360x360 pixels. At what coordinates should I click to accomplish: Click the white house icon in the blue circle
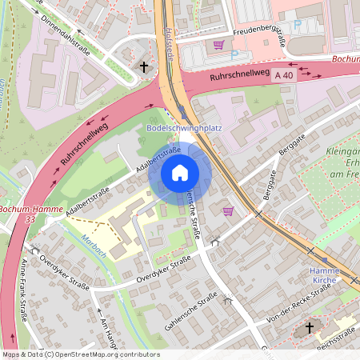(x=180, y=173)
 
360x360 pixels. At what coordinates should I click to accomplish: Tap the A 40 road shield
(x=282, y=74)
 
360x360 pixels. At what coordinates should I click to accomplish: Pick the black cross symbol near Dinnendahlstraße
(x=144, y=68)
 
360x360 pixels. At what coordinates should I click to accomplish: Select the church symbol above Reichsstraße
(x=310, y=328)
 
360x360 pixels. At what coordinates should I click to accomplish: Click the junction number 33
(x=30, y=218)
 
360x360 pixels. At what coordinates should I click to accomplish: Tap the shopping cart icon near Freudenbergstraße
(x=218, y=45)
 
